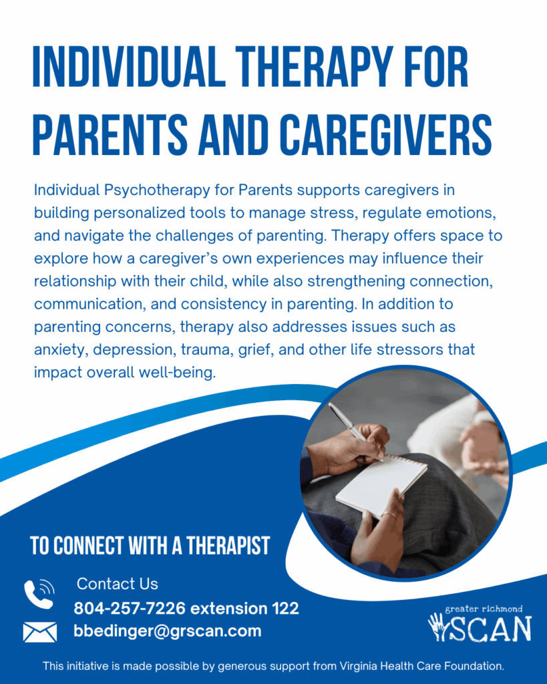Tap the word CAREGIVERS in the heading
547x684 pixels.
point(386,134)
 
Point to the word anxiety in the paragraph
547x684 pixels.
point(61,350)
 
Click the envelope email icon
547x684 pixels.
point(39,632)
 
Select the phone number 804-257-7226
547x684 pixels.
point(130,608)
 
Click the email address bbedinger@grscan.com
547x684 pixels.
point(168,631)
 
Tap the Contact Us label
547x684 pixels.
point(118,584)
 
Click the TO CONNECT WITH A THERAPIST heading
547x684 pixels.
point(150,546)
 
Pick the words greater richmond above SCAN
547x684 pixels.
point(484,609)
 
